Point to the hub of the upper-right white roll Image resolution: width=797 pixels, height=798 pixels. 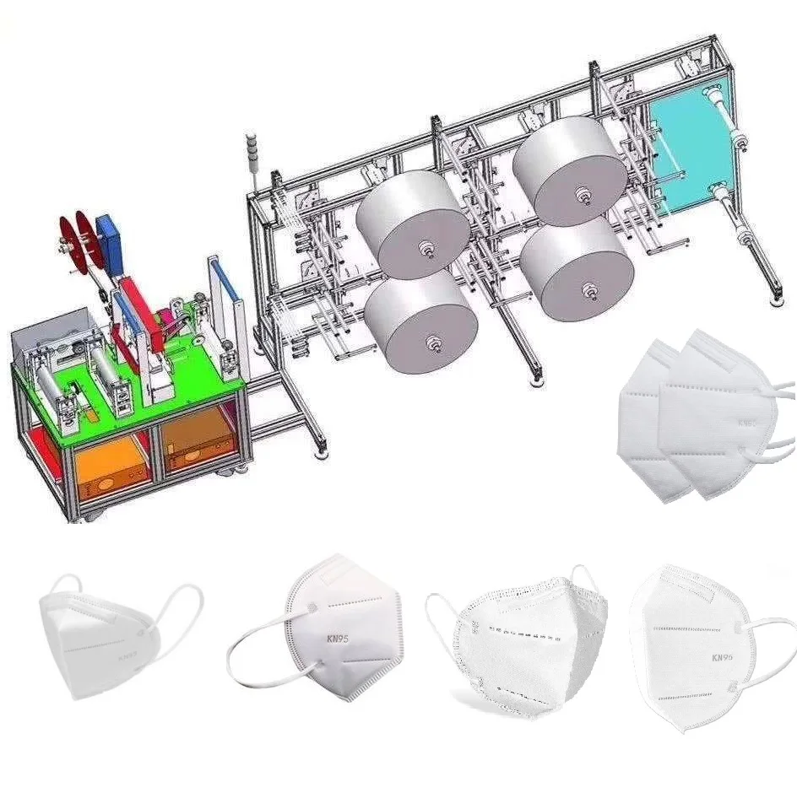tap(583, 195)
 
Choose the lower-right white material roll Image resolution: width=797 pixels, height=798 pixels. tap(576, 268)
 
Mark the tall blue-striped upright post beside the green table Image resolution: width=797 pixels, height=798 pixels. tap(224, 304)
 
